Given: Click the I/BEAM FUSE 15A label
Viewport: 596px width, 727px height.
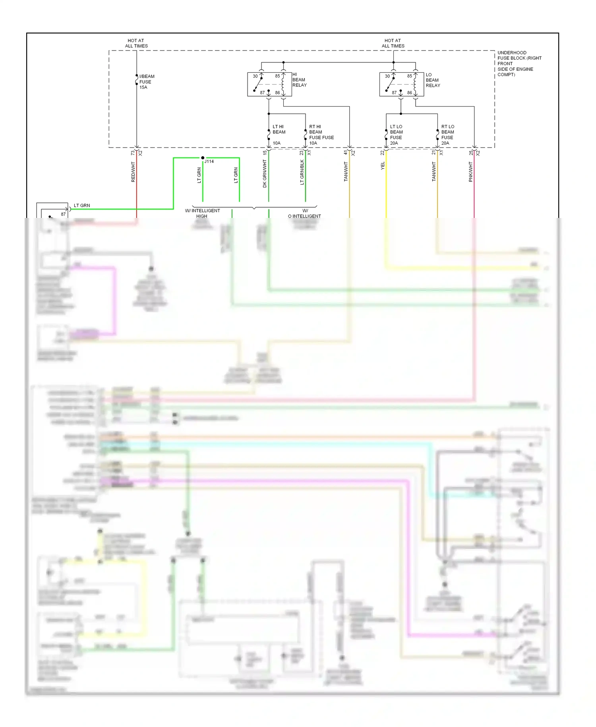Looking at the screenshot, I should click(x=146, y=82).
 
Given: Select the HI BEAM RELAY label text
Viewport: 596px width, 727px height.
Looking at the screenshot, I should click(x=299, y=80).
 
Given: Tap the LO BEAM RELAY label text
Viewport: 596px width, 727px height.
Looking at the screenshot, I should click(x=433, y=80).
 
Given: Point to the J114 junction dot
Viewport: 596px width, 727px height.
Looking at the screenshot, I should click(x=203, y=158).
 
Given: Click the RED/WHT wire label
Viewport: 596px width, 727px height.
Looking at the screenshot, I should click(x=133, y=172).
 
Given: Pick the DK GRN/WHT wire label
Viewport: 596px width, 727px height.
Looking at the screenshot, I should click(x=265, y=173).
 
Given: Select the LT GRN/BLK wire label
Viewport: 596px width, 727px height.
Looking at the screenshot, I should click(x=302, y=172).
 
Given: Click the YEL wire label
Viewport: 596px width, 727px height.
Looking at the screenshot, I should click(x=383, y=166).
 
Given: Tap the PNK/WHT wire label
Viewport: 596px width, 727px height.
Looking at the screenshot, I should click(x=470, y=172).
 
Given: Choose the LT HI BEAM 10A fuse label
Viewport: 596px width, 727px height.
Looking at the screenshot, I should click(x=279, y=134).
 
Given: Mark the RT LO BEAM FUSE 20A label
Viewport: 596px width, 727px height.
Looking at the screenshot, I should click(x=447, y=135).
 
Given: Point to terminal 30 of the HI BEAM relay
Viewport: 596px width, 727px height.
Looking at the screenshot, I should click(x=255, y=76).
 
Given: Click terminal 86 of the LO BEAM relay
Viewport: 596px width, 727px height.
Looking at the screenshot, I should click(x=409, y=93).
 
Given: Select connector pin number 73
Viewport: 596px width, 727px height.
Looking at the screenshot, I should click(x=133, y=153).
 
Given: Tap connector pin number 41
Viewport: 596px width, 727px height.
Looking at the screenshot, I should click(x=346, y=153).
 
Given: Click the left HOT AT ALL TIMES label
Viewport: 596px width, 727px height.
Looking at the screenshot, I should click(x=136, y=43).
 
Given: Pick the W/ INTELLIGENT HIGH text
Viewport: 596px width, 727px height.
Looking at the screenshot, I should click(x=202, y=214).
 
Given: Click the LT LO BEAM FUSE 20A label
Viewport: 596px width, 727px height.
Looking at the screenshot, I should click(x=396, y=135).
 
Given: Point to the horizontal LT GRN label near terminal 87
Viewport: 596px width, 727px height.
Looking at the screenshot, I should click(x=82, y=206).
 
